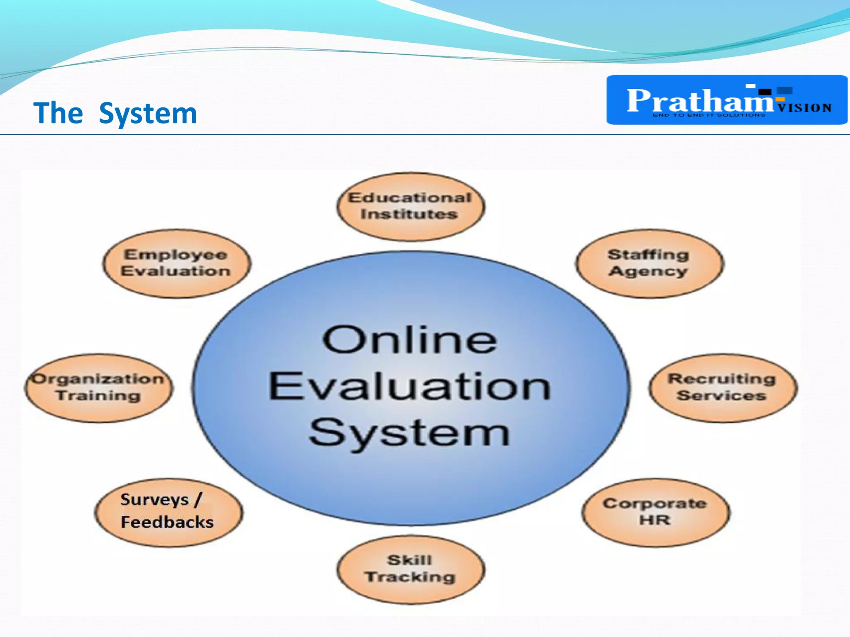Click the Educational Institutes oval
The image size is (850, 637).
pos(410,206)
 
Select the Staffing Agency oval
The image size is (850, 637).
pos(649,263)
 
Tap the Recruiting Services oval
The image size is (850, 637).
pos(722,387)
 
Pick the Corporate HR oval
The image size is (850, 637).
pos(655,512)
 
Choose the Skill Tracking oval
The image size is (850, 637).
pos(410,569)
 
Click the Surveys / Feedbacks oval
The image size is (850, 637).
pos(168,512)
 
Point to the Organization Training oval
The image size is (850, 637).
pos(98,387)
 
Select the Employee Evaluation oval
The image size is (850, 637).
pos(176,263)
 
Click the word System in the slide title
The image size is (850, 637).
pos(148,113)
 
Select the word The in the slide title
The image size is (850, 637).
pos(58,113)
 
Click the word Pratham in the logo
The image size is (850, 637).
pos(699,101)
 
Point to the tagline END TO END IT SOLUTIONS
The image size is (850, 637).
pos(709,115)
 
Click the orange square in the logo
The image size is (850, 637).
pos(780,99)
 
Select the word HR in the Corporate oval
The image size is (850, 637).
pos(655,520)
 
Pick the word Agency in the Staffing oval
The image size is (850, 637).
pos(648,271)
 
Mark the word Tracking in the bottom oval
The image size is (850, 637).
pos(410,577)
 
